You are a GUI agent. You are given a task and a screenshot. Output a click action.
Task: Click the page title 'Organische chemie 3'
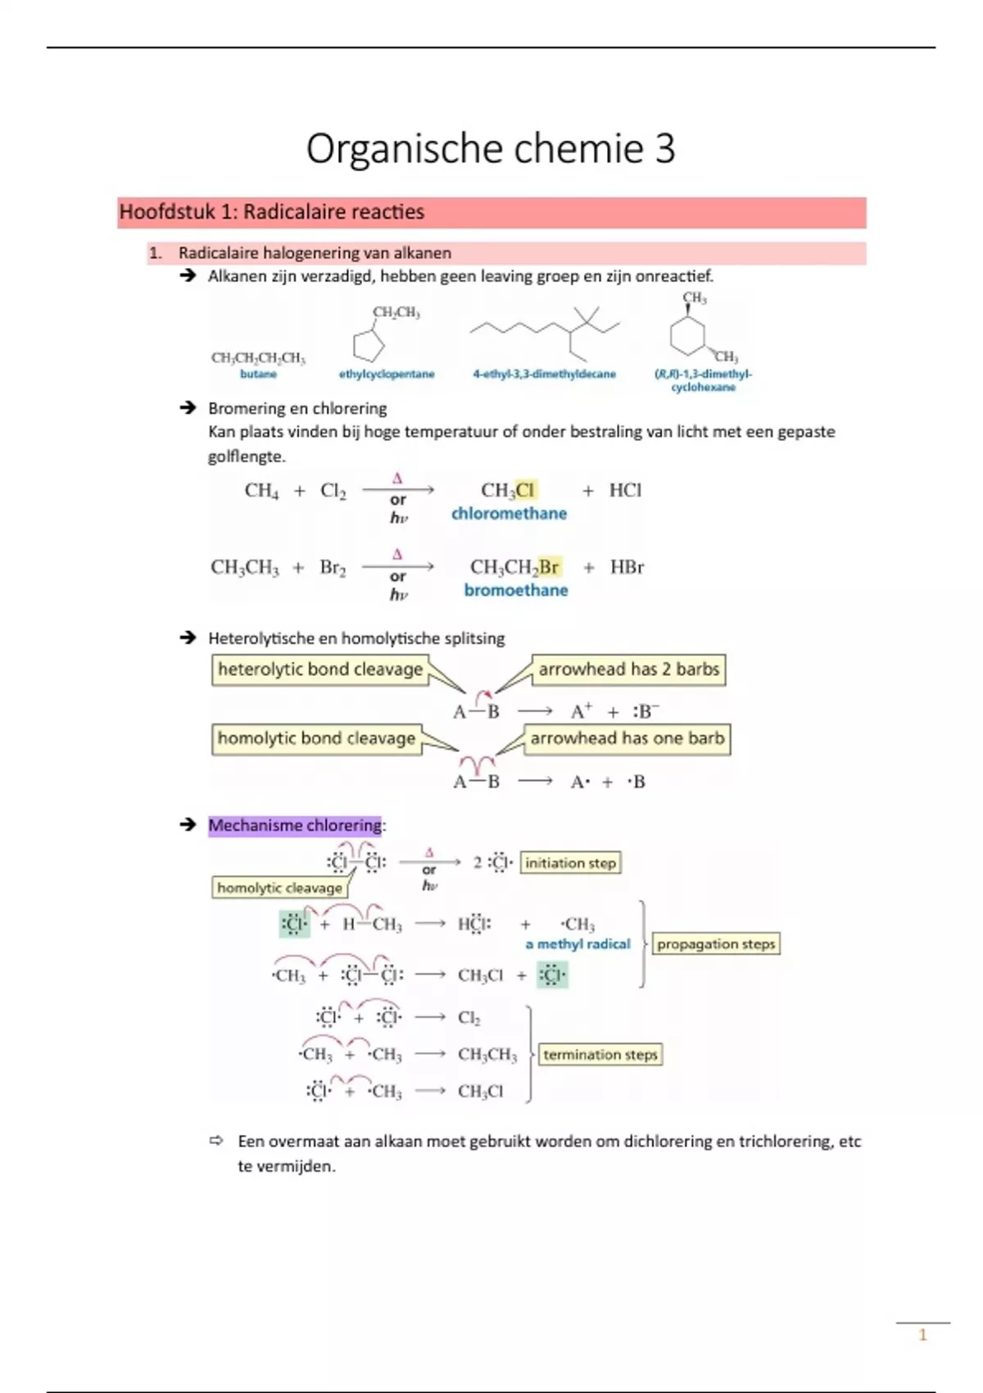491,149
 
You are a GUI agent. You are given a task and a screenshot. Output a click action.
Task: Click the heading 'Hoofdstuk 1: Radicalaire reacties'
272,212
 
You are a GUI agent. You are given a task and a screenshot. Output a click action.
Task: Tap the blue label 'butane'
258,374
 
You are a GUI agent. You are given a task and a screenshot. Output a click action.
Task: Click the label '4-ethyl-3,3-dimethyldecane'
544,374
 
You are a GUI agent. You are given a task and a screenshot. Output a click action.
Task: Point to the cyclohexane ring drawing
687,335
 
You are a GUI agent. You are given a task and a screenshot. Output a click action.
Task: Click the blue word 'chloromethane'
509,514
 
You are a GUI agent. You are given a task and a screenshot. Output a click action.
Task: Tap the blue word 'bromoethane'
515,591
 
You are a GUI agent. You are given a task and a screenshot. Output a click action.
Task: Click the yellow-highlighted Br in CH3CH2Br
549,567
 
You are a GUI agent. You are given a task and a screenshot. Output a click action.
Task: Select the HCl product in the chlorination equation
625,490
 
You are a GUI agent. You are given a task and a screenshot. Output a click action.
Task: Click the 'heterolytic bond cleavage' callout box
320,669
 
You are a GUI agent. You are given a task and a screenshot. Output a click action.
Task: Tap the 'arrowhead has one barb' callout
627,738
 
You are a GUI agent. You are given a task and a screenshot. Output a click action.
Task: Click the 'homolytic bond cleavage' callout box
316,738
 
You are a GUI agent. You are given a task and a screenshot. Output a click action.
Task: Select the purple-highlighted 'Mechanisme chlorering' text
295,825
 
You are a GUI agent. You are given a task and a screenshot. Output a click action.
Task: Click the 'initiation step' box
570,863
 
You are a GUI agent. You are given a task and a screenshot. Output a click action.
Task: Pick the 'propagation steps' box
716,944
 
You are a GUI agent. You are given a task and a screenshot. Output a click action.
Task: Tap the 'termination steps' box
600,1055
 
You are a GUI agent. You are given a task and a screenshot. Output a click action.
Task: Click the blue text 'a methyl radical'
578,944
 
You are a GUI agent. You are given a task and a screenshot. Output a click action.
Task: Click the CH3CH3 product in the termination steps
487,1055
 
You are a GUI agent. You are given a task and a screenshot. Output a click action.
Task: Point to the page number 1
922,1336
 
